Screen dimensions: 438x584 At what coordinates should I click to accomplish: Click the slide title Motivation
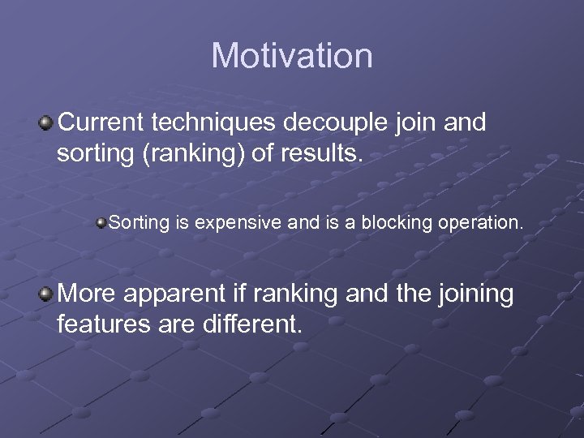point(292,56)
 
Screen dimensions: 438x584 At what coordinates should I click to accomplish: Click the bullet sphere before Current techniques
point(46,123)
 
